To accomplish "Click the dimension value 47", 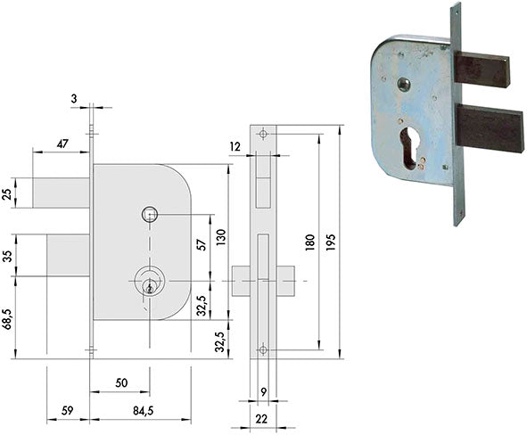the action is [62, 144].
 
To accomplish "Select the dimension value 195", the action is [331, 242].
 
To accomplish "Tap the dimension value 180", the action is [310, 242].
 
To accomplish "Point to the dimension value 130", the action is [221, 237].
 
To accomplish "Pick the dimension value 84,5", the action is [144, 410].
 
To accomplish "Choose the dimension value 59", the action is [68, 410].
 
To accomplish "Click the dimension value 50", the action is [121, 383].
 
